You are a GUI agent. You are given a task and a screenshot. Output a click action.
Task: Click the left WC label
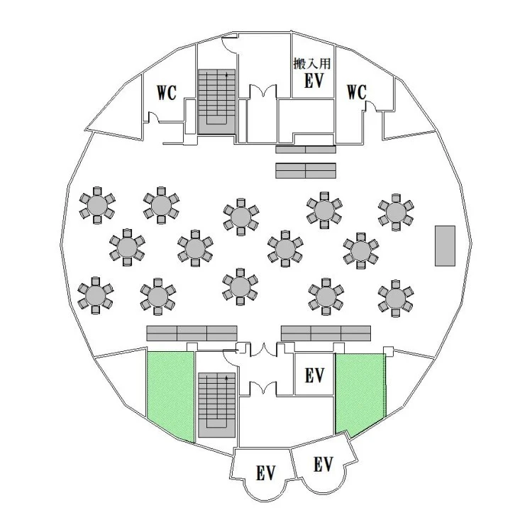click(167, 92)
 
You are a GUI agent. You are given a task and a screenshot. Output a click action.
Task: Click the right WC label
click(357, 92)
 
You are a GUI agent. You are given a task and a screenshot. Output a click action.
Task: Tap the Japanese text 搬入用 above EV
click(312, 63)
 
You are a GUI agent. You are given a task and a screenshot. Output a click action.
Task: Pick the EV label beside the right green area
click(314, 375)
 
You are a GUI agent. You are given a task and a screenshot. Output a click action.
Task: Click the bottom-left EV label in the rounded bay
click(265, 472)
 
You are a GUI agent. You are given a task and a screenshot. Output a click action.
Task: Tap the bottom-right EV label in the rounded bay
click(323, 464)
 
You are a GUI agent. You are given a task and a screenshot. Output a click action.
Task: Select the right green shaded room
click(360, 394)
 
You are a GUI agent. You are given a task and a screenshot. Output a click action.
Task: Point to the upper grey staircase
click(216, 101)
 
